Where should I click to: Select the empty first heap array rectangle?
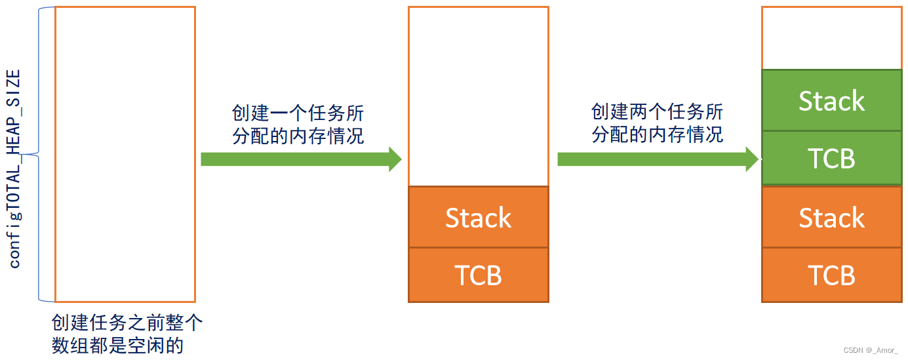(x=125, y=153)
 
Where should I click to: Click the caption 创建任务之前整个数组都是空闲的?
(x=127, y=334)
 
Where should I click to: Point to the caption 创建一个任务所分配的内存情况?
(x=298, y=124)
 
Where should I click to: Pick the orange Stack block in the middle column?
(x=478, y=217)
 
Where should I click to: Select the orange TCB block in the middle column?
(x=478, y=275)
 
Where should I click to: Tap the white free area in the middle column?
(x=478, y=96)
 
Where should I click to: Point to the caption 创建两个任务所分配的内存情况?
(x=657, y=123)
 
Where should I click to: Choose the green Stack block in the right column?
(x=831, y=100)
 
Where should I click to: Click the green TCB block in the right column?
(x=831, y=158)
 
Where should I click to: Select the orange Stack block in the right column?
(x=831, y=217)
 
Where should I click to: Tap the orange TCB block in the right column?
(x=831, y=275)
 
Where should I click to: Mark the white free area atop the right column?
(x=831, y=37)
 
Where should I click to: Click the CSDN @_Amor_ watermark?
(x=870, y=350)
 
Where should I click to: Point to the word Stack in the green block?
(x=831, y=101)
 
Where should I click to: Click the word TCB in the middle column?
(x=478, y=275)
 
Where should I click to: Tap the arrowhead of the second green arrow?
(x=752, y=159)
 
